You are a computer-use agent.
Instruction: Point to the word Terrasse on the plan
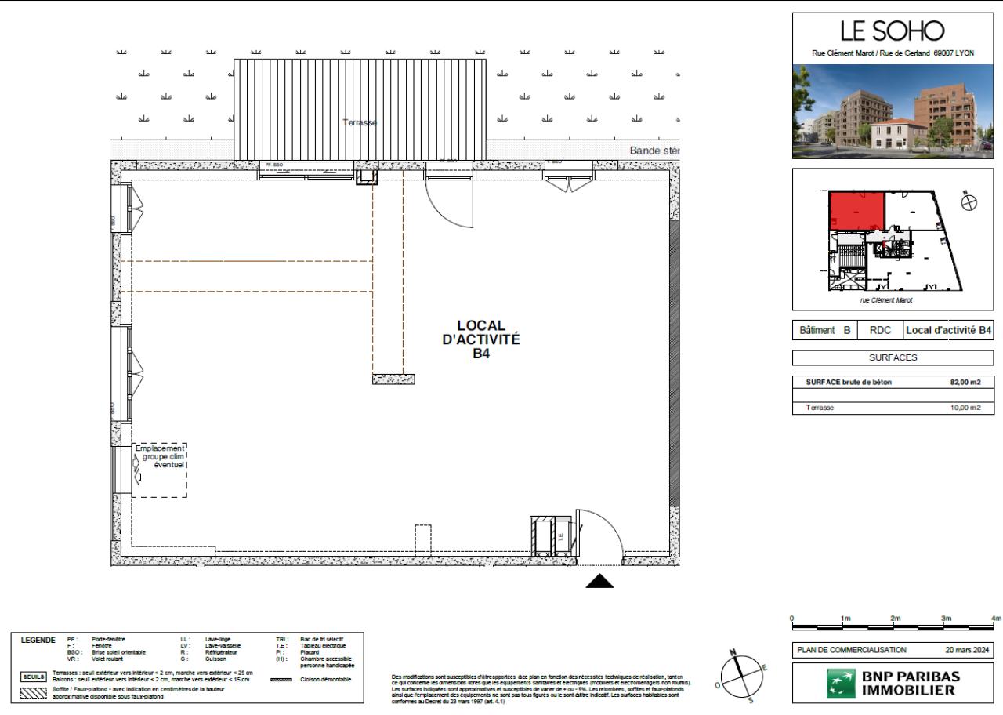(361, 122)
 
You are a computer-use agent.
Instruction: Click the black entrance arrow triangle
(600, 581)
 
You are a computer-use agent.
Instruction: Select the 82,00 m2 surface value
(964, 383)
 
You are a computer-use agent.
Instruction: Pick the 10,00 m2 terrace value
(964, 408)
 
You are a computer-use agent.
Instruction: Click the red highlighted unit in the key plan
(856, 210)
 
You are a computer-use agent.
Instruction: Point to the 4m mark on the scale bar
(997, 619)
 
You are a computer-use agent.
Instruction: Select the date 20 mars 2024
(968, 650)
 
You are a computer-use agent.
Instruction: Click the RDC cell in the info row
(881, 331)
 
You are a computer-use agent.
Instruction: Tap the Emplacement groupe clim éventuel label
(161, 456)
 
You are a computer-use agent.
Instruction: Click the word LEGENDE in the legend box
(38, 640)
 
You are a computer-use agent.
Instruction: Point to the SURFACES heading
(893, 357)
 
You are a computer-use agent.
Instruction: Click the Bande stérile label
(654, 151)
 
